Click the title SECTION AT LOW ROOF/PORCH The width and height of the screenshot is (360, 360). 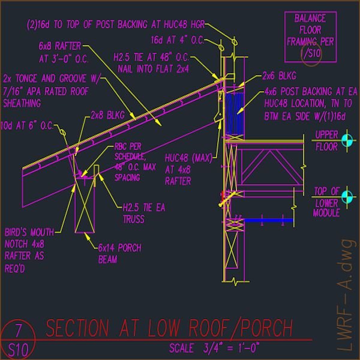[x=170, y=329]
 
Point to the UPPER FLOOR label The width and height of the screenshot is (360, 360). [x=327, y=139]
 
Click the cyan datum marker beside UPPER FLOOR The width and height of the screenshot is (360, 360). [x=346, y=140]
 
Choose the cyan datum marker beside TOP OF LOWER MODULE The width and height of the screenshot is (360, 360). [x=346, y=196]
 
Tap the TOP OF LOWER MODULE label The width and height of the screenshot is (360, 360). [x=327, y=202]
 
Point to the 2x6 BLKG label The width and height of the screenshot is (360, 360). [x=277, y=77]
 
